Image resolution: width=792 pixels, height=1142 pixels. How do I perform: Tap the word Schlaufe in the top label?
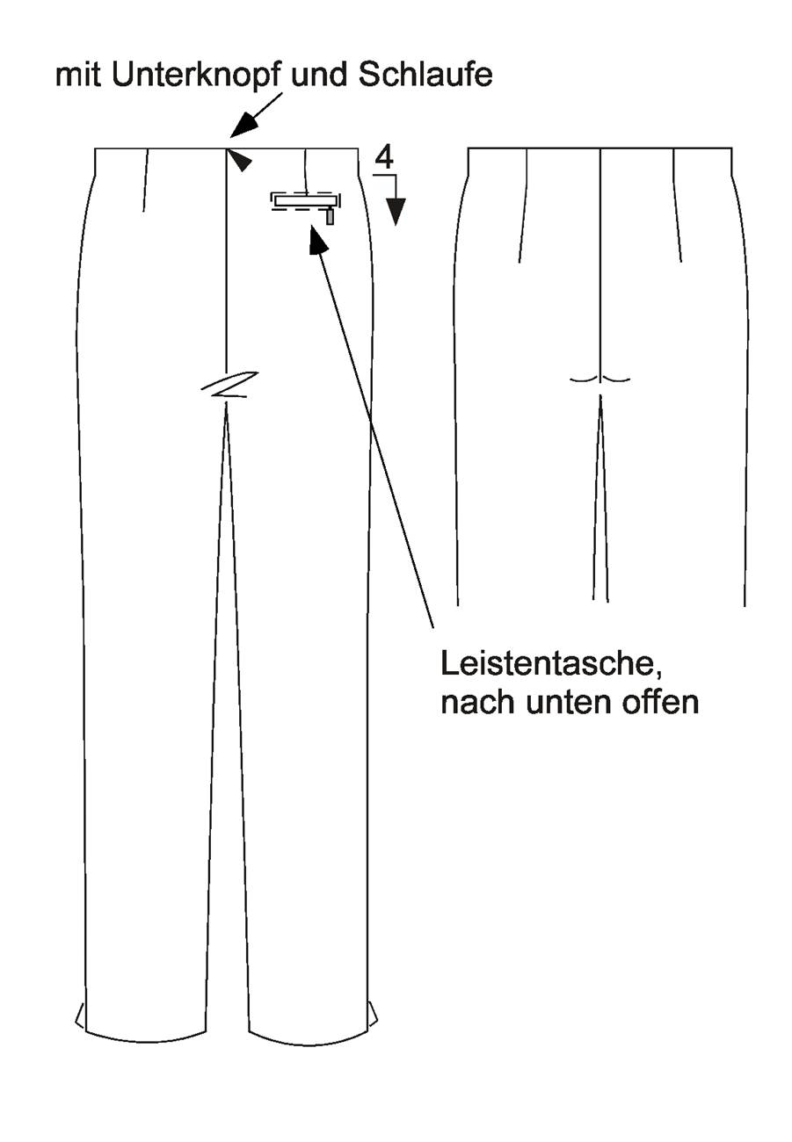click(425, 75)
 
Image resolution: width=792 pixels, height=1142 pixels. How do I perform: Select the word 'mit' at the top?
click(79, 76)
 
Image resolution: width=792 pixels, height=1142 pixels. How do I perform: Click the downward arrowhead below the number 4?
click(396, 211)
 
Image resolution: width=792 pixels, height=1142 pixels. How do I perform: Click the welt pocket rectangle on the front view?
click(306, 201)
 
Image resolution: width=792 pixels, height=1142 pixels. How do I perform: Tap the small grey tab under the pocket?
click(330, 218)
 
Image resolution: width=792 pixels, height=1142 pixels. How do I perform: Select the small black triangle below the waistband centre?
click(240, 160)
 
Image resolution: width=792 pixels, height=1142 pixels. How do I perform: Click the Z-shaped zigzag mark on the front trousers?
click(229, 385)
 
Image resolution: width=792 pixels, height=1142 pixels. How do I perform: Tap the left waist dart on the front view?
click(145, 179)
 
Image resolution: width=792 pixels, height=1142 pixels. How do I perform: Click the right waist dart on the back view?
click(677, 205)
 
